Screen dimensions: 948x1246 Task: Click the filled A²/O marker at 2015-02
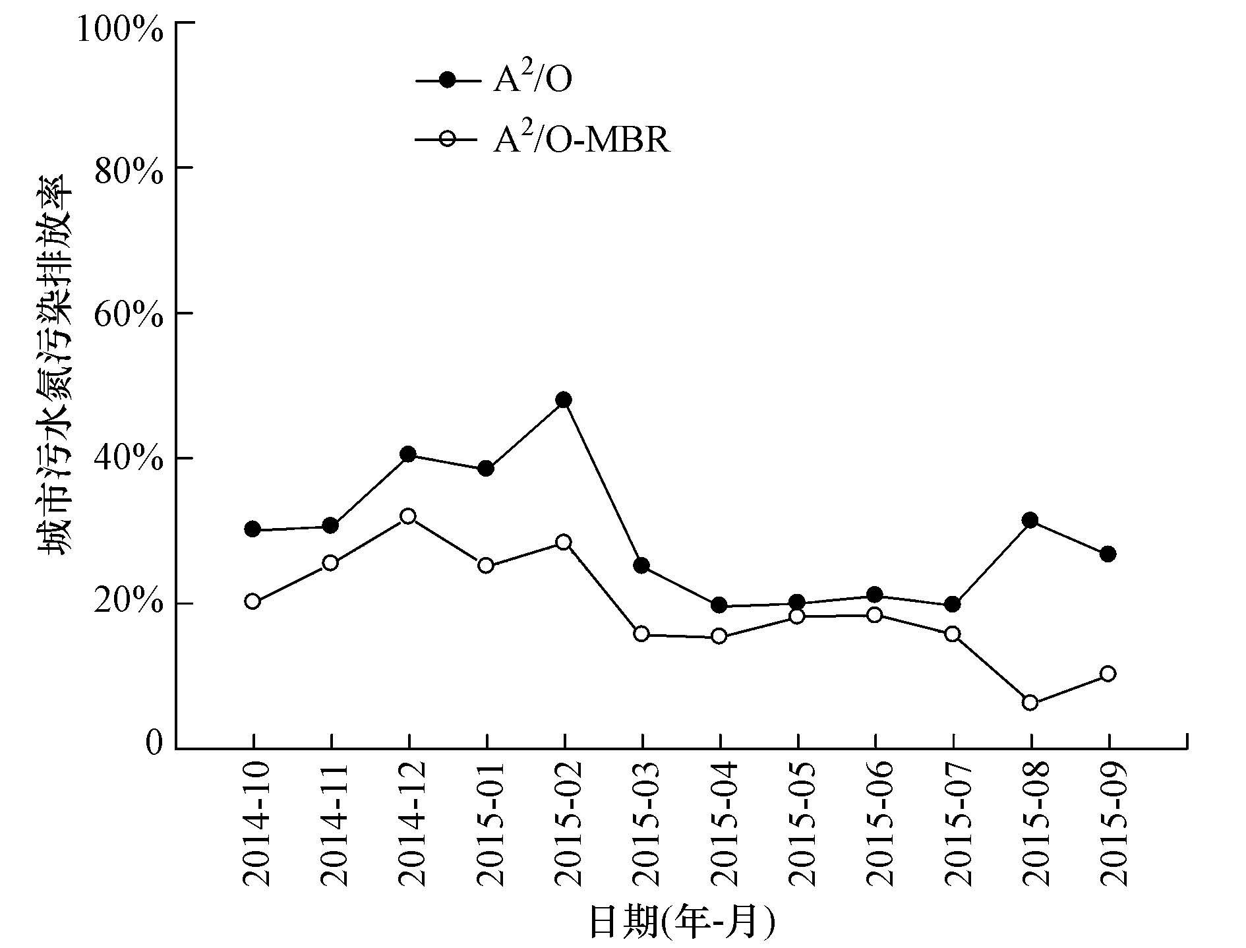[x=564, y=400]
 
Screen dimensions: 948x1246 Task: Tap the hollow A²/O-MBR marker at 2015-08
[x=1030, y=703]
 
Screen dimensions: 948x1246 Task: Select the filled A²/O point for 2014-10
[x=252, y=529]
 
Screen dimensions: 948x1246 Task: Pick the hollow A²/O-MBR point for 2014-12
[x=408, y=516]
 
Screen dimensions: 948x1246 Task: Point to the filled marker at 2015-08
[x=1030, y=520]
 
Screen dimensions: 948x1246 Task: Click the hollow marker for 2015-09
[x=1108, y=674]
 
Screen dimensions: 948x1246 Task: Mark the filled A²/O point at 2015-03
[x=641, y=566]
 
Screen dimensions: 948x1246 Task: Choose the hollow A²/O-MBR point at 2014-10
[x=252, y=601]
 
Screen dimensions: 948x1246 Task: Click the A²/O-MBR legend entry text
[x=581, y=139]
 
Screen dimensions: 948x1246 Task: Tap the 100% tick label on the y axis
[x=120, y=30]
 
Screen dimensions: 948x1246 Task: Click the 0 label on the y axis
[x=153, y=743]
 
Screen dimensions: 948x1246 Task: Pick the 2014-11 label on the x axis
[x=334, y=824]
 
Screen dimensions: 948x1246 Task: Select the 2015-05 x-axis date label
[x=801, y=824]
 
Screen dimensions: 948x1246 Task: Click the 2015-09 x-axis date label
[x=1112, y=824]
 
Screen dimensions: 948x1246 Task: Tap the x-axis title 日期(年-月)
[x=681, y=922]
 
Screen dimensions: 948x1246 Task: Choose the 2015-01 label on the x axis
[x=490, y=824]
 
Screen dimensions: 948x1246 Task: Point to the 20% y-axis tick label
[x=129, y=603]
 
